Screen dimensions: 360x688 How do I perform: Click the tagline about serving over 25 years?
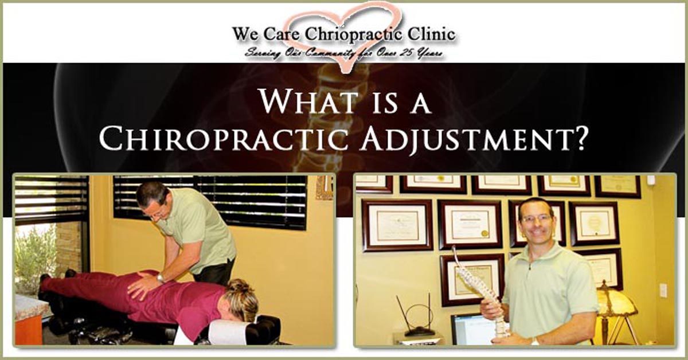click(x=344, y=53)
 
